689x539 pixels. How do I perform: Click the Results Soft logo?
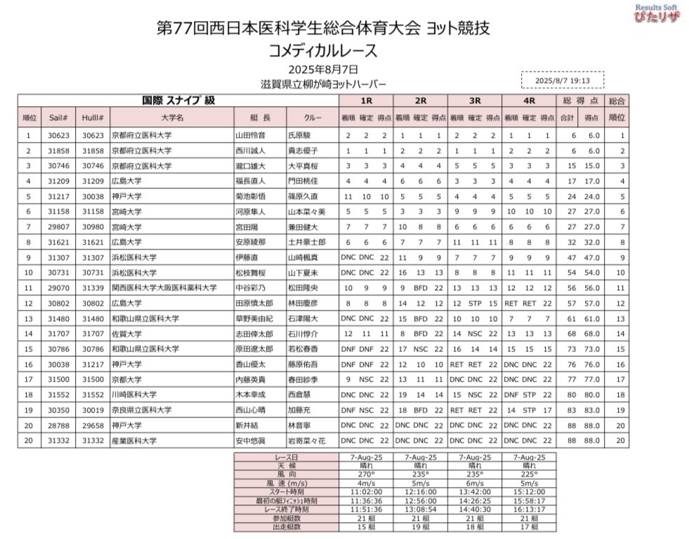657,13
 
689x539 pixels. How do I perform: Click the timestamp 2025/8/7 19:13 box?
562,80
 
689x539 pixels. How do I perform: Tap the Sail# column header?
58,117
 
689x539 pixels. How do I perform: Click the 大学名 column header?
171,117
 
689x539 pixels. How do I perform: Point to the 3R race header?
475,101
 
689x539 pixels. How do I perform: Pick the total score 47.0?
592,257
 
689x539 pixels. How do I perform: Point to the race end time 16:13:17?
530,510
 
